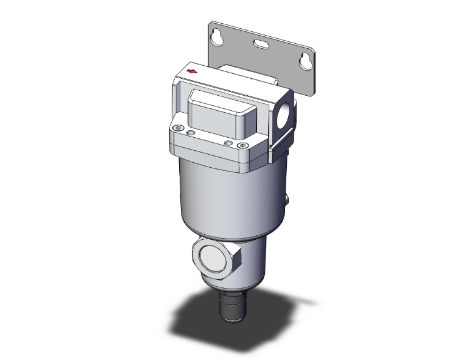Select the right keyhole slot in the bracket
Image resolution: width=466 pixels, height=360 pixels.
[x=306, y=62]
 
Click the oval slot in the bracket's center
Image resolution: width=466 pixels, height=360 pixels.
[x=259, y=44]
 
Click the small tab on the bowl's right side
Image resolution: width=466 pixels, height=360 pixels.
[x=287, y=202]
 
